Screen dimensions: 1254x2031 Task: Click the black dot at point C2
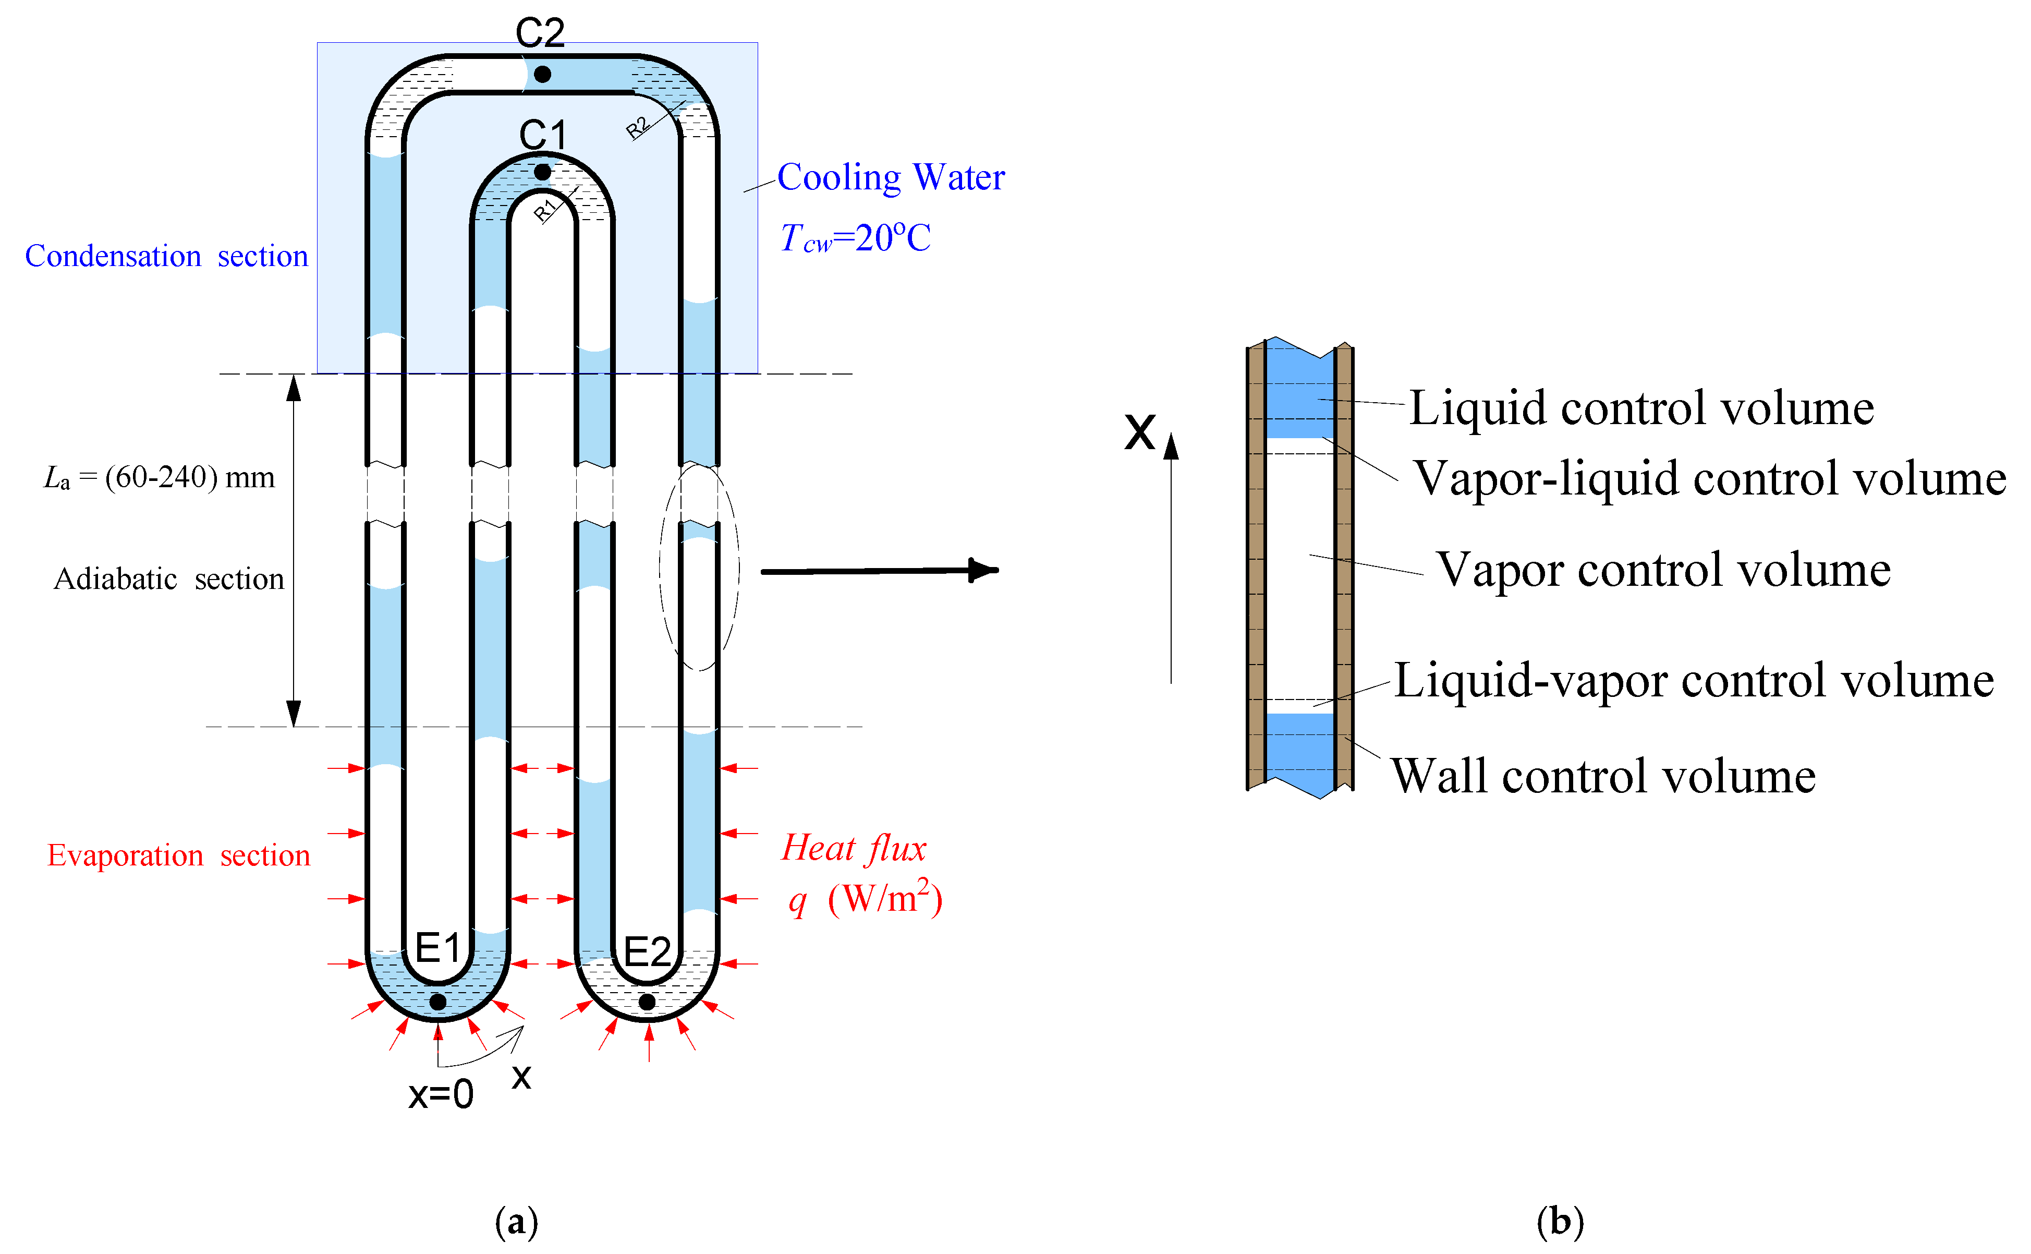pos(542,75)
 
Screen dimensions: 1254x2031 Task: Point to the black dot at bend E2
pos(648,1002)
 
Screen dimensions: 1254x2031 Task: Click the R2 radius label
pos(637,128)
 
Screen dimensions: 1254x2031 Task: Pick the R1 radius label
pos(544,211)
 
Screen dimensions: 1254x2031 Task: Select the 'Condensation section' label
pos(166,256)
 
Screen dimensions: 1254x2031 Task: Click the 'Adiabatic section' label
pos(168,579)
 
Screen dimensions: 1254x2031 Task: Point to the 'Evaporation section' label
pos(178,855)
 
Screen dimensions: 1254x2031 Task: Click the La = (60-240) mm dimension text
pos(159,478)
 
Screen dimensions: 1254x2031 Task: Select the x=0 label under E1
pos(440,1095)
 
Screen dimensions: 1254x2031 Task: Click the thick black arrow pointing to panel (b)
pos(879,571)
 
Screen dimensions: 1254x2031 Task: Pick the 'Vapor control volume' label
pos(1663,570)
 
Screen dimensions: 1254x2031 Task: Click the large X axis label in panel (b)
pos(1140,431)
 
